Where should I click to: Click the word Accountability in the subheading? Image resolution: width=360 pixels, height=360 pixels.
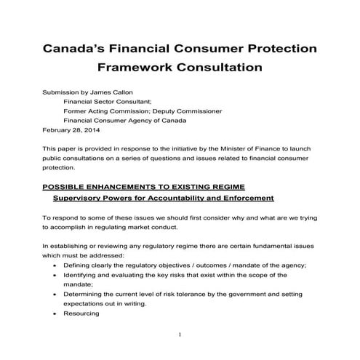click(x=182, y=198)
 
